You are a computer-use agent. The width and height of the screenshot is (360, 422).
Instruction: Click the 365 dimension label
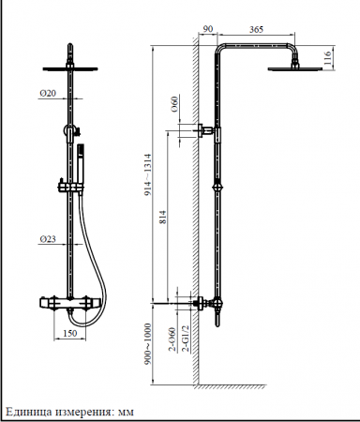click(x=256, y=29)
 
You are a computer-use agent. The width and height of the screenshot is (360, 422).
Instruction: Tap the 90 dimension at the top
click(x=208, y=29)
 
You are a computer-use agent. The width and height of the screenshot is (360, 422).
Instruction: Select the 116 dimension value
click(x=327, y=58)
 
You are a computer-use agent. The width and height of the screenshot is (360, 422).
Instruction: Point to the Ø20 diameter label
click(x=48, y=93)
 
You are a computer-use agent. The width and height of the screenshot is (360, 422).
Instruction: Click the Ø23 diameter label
click(x=48, y=239)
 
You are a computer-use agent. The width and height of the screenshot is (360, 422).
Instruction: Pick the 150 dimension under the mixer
click(x=69, y=333)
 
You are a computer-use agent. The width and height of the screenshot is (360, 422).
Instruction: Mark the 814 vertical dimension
click(x=163, y=218)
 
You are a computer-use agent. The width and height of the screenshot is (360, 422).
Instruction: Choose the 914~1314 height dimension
click(x=148, y=175)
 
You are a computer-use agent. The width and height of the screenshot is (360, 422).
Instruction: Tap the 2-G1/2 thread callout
click(x=186, y=339)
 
